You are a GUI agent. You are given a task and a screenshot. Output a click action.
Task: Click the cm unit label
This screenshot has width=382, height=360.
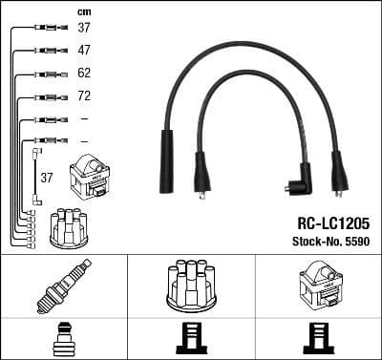(83, 11)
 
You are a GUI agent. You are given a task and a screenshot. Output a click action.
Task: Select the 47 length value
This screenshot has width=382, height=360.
(84, 49)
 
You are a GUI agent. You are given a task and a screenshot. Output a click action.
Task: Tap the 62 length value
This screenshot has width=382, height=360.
(84, 73)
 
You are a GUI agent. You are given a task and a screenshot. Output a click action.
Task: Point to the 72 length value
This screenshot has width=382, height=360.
(84, 96)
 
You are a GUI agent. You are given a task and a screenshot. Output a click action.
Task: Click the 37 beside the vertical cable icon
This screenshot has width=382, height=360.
(47, 177)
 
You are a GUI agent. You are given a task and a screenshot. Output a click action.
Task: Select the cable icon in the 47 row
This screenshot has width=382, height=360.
(45, 50)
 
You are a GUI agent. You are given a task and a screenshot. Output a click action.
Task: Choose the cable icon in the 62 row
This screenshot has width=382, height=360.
(45, 74)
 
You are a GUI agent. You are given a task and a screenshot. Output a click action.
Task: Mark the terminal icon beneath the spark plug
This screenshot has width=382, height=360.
(63, 338)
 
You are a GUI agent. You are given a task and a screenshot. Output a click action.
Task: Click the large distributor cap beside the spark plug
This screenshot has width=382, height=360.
(191, 285)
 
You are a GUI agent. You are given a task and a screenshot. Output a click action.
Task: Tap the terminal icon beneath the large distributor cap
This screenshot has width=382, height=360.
(191, 338)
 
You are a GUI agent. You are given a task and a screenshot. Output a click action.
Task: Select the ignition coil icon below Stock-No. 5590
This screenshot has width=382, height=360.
(318, 285)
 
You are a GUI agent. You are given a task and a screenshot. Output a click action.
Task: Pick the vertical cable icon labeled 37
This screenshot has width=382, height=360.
(35, 175)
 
